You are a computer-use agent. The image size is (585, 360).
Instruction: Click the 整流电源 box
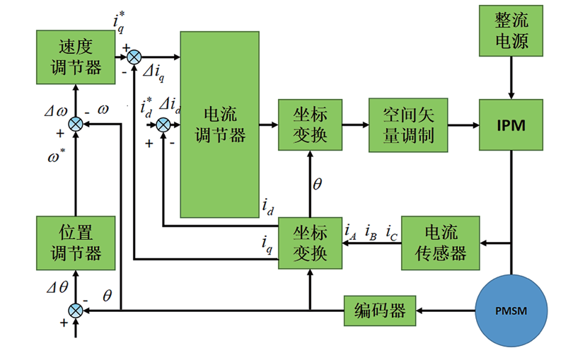(x=510, y=32)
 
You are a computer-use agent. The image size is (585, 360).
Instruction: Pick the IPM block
(x=510, y=126)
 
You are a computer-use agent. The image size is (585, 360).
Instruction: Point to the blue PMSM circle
(x=510, y=310)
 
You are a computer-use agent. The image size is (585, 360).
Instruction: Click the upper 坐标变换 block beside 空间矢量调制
(x=309, y=125)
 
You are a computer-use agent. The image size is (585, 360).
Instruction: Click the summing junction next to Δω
(x=76, y=125)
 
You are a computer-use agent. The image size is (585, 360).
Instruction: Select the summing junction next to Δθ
(x=76, y=310)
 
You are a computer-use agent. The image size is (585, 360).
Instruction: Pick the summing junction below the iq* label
(x=134, y=57)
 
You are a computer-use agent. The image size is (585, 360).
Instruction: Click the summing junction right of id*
(x=163, y=125)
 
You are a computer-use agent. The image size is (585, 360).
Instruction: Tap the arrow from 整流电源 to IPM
(x=510, y=79)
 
